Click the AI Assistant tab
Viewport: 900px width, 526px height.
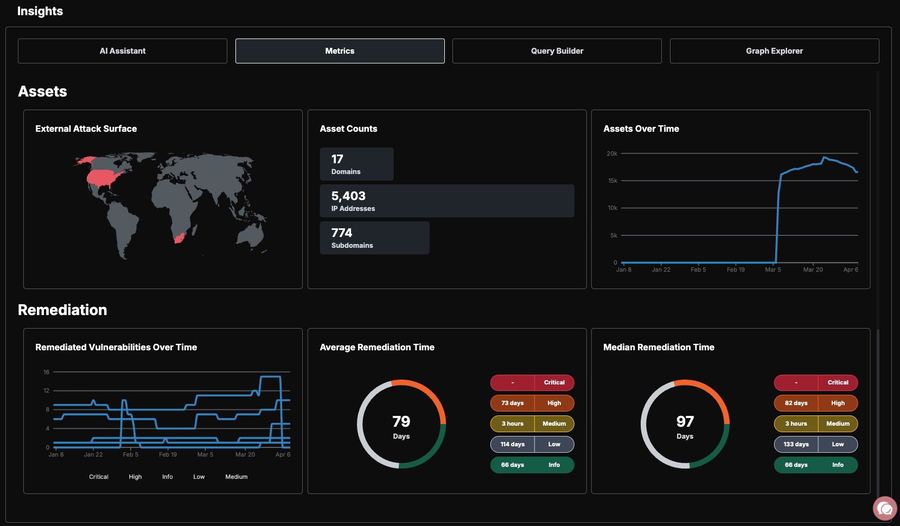[123, 51]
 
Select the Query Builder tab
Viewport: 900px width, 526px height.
[557, 51]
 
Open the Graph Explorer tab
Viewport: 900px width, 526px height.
[774, 51]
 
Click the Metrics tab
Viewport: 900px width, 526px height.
[340, 51]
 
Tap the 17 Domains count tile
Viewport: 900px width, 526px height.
[357, 164]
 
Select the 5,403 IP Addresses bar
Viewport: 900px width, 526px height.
[447, 201]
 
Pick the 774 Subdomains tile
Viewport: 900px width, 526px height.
[374, 238]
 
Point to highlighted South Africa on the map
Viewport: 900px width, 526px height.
[179, 238]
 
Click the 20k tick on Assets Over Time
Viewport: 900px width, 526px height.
[612, 153]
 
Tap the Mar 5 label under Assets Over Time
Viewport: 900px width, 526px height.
[773, 270]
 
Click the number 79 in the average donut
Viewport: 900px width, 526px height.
[401, 421]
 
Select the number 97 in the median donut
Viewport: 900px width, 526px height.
[685, 421]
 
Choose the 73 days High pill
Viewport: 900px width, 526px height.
[532, 403]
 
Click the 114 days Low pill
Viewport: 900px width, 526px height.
[532, 444]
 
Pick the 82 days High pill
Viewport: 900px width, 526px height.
[815, 403]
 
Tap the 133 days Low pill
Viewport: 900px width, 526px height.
[815, 444]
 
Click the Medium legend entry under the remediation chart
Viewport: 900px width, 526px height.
[236, 477]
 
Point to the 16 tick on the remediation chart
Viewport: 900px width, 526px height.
[46, 372]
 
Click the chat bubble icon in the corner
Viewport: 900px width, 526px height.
[885, 508]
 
